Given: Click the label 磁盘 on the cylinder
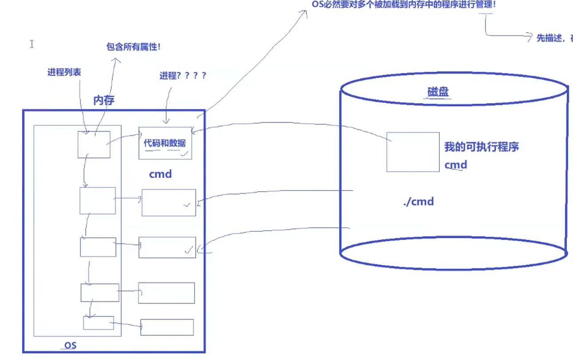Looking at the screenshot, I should point(438,92).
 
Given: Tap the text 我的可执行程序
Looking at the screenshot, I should point(481,147).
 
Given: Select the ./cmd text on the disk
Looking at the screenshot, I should point(418,202).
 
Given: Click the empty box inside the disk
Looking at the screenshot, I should point(413,152).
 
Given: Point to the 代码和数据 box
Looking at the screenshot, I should point(165,143).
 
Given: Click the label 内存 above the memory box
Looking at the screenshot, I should point(104,100).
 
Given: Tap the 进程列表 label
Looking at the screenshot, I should point(64,72).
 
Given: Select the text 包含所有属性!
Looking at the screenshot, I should point(133,47).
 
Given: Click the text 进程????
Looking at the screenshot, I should point(183,75).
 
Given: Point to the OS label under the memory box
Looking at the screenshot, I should point(71,345).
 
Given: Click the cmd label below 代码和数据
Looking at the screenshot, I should point(160,174).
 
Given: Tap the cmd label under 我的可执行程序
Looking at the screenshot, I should point(455,165).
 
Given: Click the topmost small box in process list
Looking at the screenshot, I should point(94,145).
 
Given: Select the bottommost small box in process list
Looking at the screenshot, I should point(98,323).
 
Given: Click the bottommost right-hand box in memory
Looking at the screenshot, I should point(167,327).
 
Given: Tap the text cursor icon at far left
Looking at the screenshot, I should point(31,44).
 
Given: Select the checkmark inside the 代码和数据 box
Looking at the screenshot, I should point(184,154).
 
